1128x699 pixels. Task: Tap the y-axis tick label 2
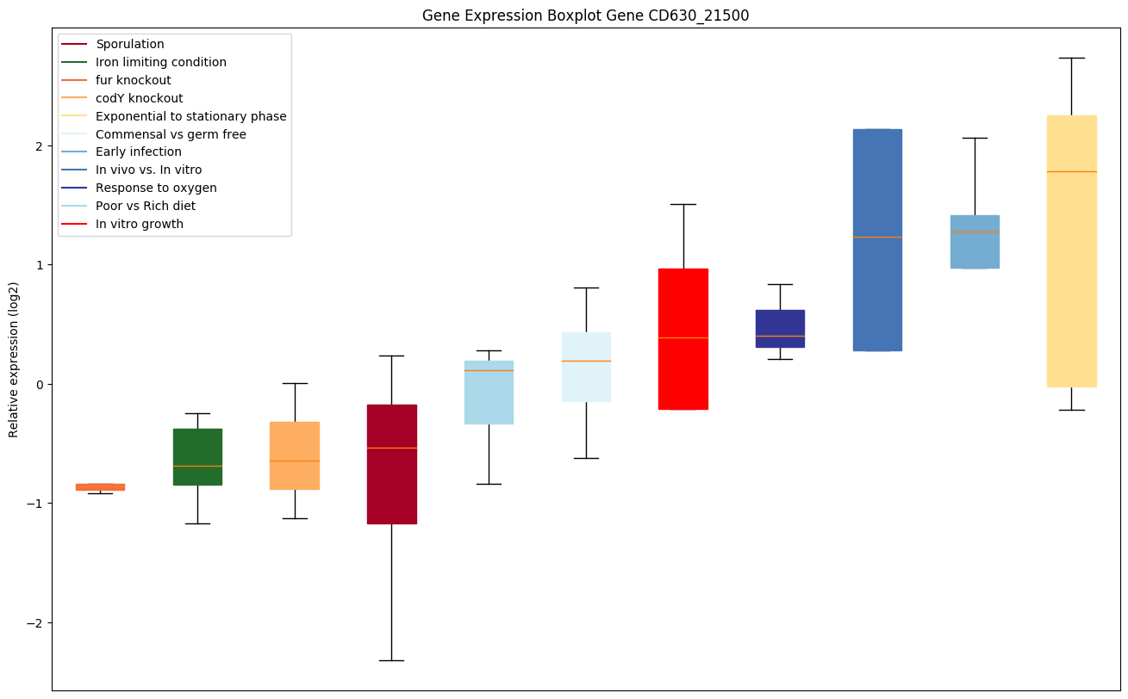pos(38,145)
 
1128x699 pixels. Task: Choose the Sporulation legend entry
pos(129,44)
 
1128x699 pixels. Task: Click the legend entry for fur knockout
pos(133,80)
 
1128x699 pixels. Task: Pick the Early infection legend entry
pos(138,152)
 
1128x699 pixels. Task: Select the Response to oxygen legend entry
pos(156,188)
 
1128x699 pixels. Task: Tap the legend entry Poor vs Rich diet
pos(145,206)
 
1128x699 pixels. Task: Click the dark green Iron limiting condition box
pos(197,456)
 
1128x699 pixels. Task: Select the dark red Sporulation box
pos(391,499)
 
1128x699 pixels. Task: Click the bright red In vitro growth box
pos(682,370)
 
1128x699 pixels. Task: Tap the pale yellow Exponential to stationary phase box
pos(1071,275)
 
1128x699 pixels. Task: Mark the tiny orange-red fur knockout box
pos(100,486)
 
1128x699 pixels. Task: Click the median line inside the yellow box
pos(1071,171)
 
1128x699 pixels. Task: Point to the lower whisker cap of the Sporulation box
pos(391,660)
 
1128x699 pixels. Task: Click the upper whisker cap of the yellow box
pos(1071,58)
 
